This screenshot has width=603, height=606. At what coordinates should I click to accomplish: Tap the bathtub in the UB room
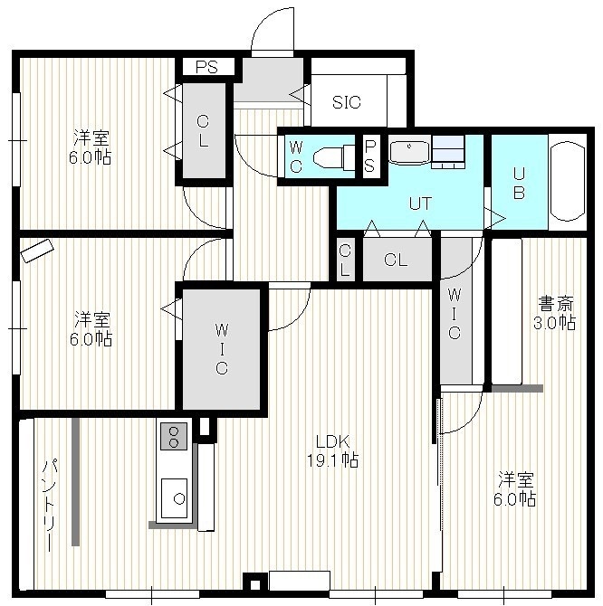tap(568, 182)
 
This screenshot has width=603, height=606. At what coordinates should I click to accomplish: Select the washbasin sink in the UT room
tap(409, 153)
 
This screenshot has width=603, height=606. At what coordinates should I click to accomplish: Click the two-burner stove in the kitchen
tap(174, 436)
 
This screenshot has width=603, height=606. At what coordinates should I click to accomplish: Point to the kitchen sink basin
tap(174, 498)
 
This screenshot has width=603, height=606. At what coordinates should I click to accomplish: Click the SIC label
tap(347, 102)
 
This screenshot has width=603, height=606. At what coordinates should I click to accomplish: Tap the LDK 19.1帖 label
tap(332, 450)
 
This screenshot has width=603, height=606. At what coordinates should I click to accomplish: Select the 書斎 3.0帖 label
tap(555, 313)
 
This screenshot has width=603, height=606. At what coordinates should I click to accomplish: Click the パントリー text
tap(51, 505)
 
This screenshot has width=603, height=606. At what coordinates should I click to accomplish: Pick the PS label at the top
tap(207, 67)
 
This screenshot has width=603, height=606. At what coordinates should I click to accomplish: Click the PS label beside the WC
tap(369, 156)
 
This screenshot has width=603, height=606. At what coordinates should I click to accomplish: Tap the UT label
tap(420, 204)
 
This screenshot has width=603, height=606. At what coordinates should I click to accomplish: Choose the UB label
tap(519, 184)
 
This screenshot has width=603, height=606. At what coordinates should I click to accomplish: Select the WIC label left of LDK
tap(222, 349)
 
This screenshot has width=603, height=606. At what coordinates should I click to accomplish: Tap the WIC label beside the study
tap(455, 314)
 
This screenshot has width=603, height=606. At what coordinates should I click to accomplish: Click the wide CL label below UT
tap(396, 260)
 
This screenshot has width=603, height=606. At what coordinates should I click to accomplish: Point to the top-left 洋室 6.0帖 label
tap(91, 147)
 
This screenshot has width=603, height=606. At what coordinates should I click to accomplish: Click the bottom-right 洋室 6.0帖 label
tap(515, 488)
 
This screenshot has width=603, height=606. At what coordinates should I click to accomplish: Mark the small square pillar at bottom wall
tap(255, 584)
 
